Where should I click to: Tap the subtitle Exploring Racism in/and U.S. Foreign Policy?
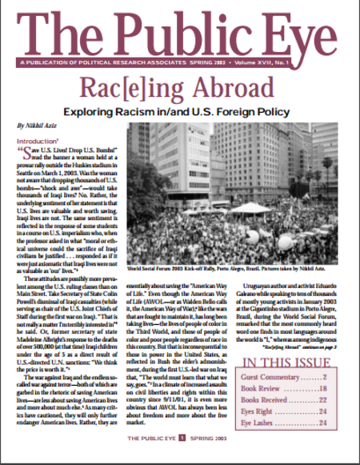pos(180,112)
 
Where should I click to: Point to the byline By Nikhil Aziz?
pos(37,126)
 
